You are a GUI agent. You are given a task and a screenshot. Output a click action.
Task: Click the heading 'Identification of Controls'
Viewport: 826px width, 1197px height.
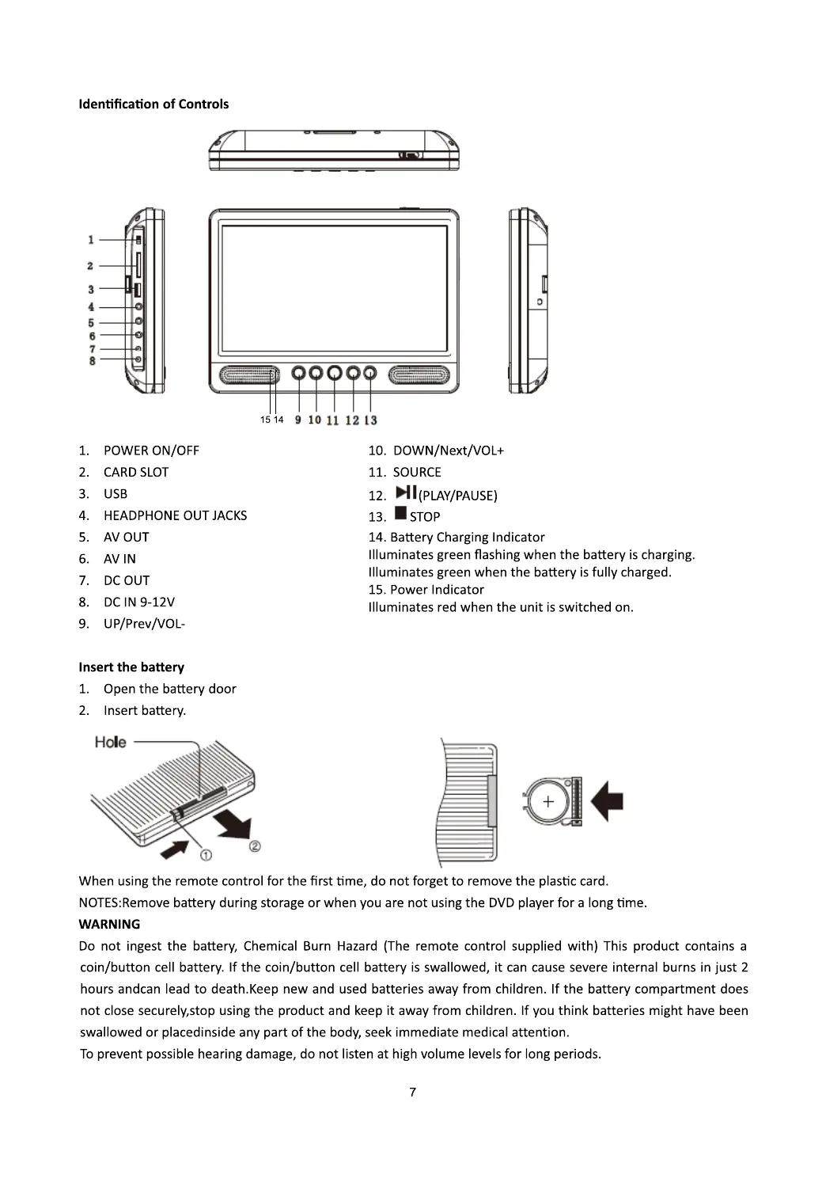coord(153,104)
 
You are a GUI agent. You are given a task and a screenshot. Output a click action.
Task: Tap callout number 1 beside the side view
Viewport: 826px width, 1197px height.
coord(91,239)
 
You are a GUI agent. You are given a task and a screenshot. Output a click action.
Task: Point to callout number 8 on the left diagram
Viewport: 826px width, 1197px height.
coord(93,361)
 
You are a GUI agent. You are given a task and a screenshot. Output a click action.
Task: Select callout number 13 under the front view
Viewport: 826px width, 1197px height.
coord(371,420)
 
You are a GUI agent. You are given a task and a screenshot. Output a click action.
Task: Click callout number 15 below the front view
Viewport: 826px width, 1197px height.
coord(265,420)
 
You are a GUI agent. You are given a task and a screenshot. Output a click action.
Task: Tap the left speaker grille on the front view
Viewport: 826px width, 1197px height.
coord(244,375)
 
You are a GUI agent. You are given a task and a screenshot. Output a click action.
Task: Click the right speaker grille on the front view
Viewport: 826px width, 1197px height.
coord(419,375)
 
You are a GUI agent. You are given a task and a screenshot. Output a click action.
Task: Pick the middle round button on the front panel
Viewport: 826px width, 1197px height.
coord(334,372)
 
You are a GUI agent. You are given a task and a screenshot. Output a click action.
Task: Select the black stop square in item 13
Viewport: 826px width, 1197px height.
coord(400,514)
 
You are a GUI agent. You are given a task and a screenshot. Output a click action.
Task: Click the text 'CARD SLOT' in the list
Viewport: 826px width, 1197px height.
coord(136,473)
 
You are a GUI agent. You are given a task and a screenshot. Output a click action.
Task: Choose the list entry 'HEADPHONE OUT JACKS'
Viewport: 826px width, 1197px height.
coord(175,515)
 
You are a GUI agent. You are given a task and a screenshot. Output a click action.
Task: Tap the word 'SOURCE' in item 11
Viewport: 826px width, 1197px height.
coord(417,473)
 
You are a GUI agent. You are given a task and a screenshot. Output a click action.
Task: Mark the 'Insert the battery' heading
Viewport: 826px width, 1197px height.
coord(131,667)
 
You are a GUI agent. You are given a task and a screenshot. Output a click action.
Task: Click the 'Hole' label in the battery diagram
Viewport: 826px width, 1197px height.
coord(110,742)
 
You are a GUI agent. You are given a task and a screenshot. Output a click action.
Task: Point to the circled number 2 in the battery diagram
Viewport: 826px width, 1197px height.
coord(255,846)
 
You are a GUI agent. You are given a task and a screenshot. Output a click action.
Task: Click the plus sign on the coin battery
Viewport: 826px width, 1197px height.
coord(548,802)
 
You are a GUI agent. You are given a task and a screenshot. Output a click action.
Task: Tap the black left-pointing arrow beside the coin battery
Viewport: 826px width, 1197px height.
coord(607,800)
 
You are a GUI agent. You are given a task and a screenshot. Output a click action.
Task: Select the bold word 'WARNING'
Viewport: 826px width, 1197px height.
coord(109,924)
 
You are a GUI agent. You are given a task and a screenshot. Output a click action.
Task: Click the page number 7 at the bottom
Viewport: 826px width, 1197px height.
coord(412,1092)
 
